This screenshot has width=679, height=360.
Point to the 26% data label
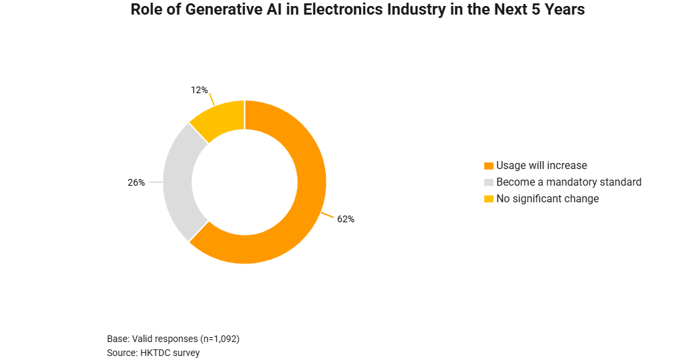tap(136, 182)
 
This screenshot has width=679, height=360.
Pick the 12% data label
tap(200, 90)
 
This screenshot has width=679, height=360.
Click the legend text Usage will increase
tap(541, 165)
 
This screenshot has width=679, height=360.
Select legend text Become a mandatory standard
tap(569, 182)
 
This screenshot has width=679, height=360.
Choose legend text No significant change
tap(547, 198)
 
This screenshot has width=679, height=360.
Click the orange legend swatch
tap(489, 166)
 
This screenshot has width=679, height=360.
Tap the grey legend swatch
tap(489, 182)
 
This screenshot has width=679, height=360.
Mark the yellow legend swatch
tap(489, 199)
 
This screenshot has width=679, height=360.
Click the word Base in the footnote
tap(118, 339)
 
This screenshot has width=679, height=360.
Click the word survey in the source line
tap(186, 353)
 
